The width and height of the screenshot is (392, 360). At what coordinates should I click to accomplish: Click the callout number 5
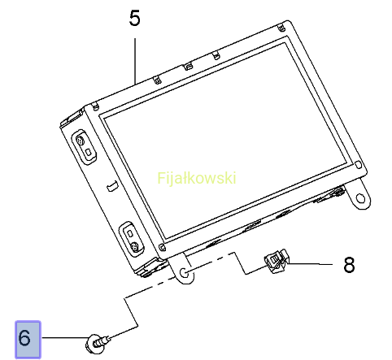(x=135, y=18)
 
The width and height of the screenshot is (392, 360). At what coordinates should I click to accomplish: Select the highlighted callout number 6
(x=28, y=340)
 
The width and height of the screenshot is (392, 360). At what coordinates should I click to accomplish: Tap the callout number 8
(x=349, y=265)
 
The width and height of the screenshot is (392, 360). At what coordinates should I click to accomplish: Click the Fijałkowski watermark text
(x=197, y=179)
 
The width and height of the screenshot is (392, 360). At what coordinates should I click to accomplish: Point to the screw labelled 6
(x=97, y=344)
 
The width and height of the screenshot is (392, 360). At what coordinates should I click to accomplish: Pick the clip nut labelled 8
(x=276, y=262)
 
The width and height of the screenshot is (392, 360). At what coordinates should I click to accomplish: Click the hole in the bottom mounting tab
(x=184, y=273)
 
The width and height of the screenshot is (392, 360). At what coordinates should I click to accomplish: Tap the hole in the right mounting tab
(x=360, y=198)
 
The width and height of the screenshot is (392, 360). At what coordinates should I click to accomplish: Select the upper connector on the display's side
(x=84, y=146)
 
